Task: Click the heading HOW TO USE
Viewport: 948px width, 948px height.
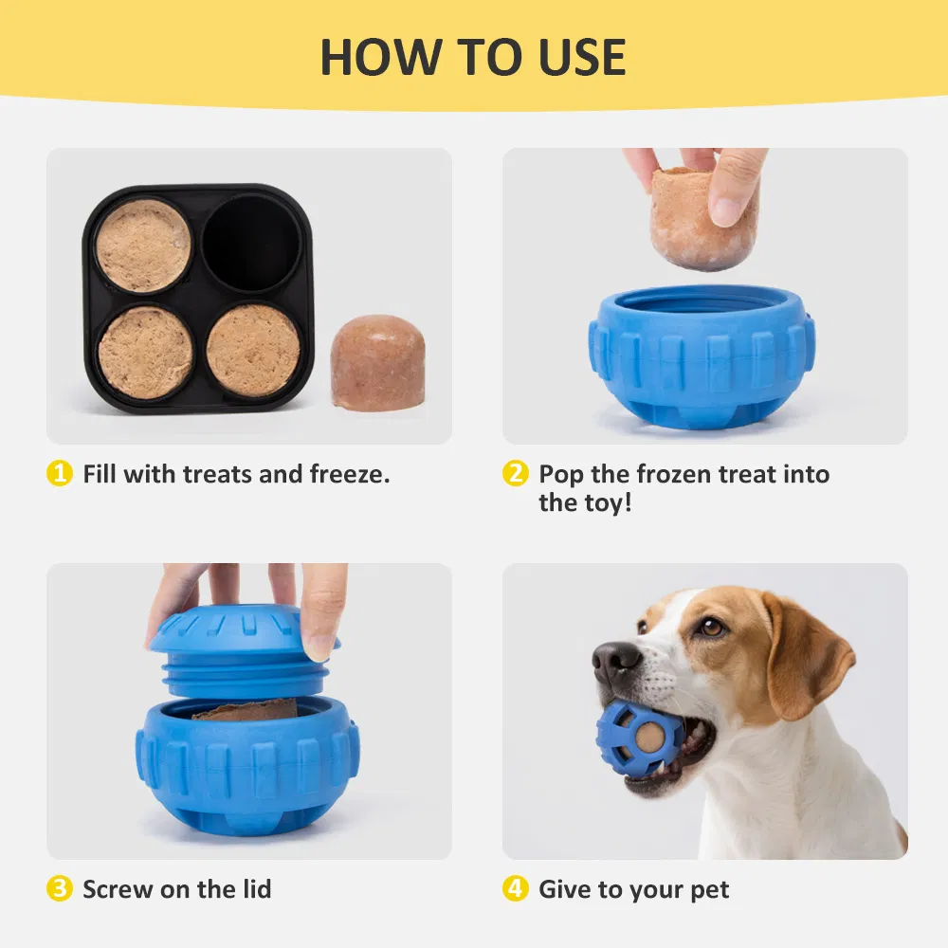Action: coord(473,57)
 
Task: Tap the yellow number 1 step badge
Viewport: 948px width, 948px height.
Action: coord(60,474)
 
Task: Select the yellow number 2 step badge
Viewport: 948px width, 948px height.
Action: coord(515,474)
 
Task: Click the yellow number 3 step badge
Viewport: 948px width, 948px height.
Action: coord(60,889)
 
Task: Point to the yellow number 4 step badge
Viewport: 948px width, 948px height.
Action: coord(515,889)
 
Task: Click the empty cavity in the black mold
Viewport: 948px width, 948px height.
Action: coord(252,243)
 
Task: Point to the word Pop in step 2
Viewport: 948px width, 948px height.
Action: coord(562,474)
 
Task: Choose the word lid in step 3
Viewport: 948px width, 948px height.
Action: coord(252,889)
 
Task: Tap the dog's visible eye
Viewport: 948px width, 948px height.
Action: coord(711,627)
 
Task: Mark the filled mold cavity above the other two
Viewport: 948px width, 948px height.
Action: coord(145,245)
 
